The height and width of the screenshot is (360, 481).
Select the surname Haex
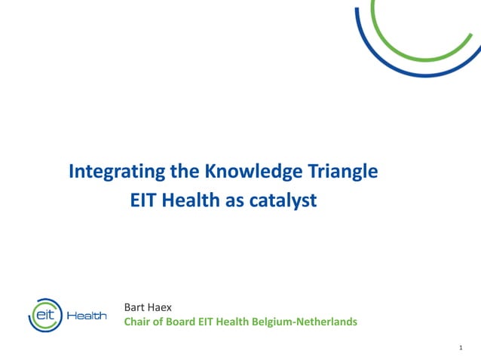click(x=161, y=307)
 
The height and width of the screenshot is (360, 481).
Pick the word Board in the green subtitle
click(x=183, y=322)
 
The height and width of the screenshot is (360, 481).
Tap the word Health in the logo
click(x=87, y=316)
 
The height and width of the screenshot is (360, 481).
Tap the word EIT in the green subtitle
click(x=208, y=322)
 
